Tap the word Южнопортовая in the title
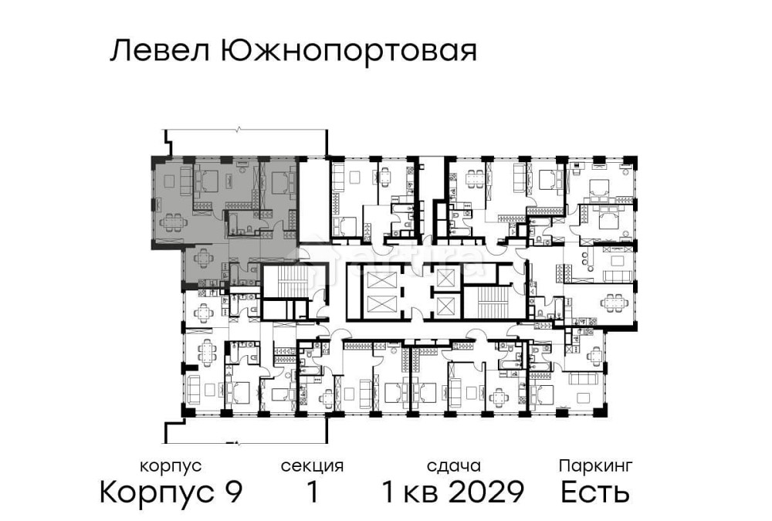click(x=348, y=52)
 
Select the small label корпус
click(x=171, y=466)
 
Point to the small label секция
click(x=312, y=466)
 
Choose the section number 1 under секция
click(x=313, y=492)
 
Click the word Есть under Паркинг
click(x=595, y=492)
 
